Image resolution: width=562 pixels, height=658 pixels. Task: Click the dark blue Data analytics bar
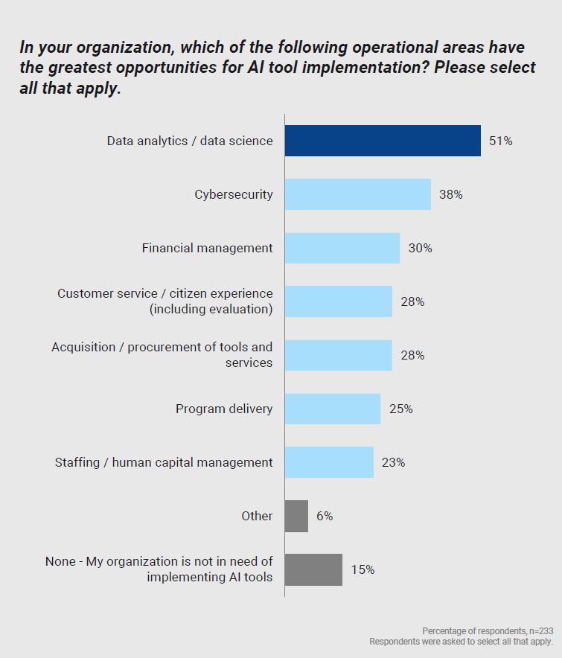click(x=383, y=141)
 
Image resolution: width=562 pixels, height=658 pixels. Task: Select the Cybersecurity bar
click(x=357, y=194)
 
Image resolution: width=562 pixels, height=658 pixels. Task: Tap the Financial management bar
click(x=342, y=248)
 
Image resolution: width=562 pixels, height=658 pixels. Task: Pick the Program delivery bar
click(x=332, y=409)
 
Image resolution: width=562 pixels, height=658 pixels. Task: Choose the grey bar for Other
click(x=296, y=516)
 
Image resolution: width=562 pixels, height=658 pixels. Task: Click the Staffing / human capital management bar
click(x=329, y=462)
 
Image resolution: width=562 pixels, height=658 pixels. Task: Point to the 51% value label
click(x=500, y=141)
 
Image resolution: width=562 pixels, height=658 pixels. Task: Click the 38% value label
click(x=450, y=194)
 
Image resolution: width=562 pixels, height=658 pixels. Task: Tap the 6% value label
click(x=324, y=516)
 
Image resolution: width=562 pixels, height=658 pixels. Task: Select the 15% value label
click(x=363, y=569)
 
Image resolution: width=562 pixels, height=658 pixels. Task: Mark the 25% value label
click(x=400, y=409)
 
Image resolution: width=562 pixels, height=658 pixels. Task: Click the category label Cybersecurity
click(x=234, y=194)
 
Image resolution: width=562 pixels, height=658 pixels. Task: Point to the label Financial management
click(x=208, y=248)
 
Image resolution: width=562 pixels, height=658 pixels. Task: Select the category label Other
click(x=257, y=516)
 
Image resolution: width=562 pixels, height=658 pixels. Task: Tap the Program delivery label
click(x=224, y=409)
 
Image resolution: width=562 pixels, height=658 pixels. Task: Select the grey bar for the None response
click(x=313, y=569)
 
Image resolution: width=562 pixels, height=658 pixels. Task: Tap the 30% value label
click(x=420, y=248)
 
